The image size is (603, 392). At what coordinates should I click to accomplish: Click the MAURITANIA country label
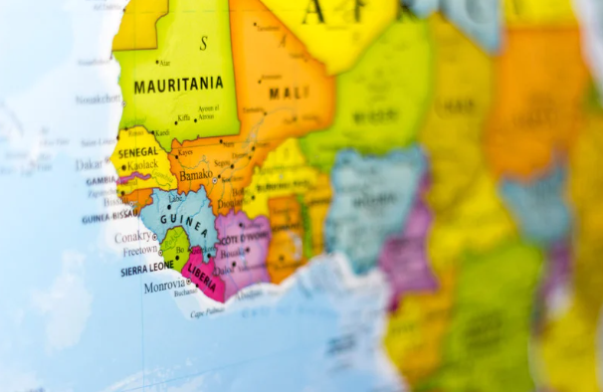178,86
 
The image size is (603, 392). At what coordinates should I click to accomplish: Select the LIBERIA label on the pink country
203,270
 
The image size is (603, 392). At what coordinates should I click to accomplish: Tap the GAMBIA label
101,181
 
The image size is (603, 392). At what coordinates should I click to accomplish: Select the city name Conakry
133,237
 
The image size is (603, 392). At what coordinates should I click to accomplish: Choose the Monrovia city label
164,286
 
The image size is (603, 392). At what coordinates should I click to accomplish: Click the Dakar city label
90,165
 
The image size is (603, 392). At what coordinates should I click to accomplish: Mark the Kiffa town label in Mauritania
185,117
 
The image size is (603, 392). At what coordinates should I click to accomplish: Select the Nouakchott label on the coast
99,99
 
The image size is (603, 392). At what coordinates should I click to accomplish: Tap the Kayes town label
185,152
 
